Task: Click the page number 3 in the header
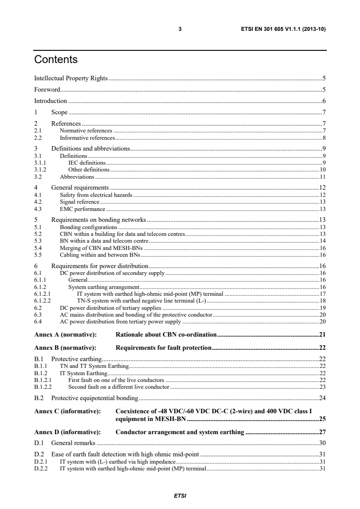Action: coord(180,30)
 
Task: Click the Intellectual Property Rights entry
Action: coord(71,78)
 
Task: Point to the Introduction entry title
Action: coord(51,101)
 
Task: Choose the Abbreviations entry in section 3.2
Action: coord(77,176)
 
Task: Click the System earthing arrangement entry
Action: coord(104,287)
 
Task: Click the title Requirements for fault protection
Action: coord(163,348)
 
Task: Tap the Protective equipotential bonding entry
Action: coord(94,398)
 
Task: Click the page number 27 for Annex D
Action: coord(322,431)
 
